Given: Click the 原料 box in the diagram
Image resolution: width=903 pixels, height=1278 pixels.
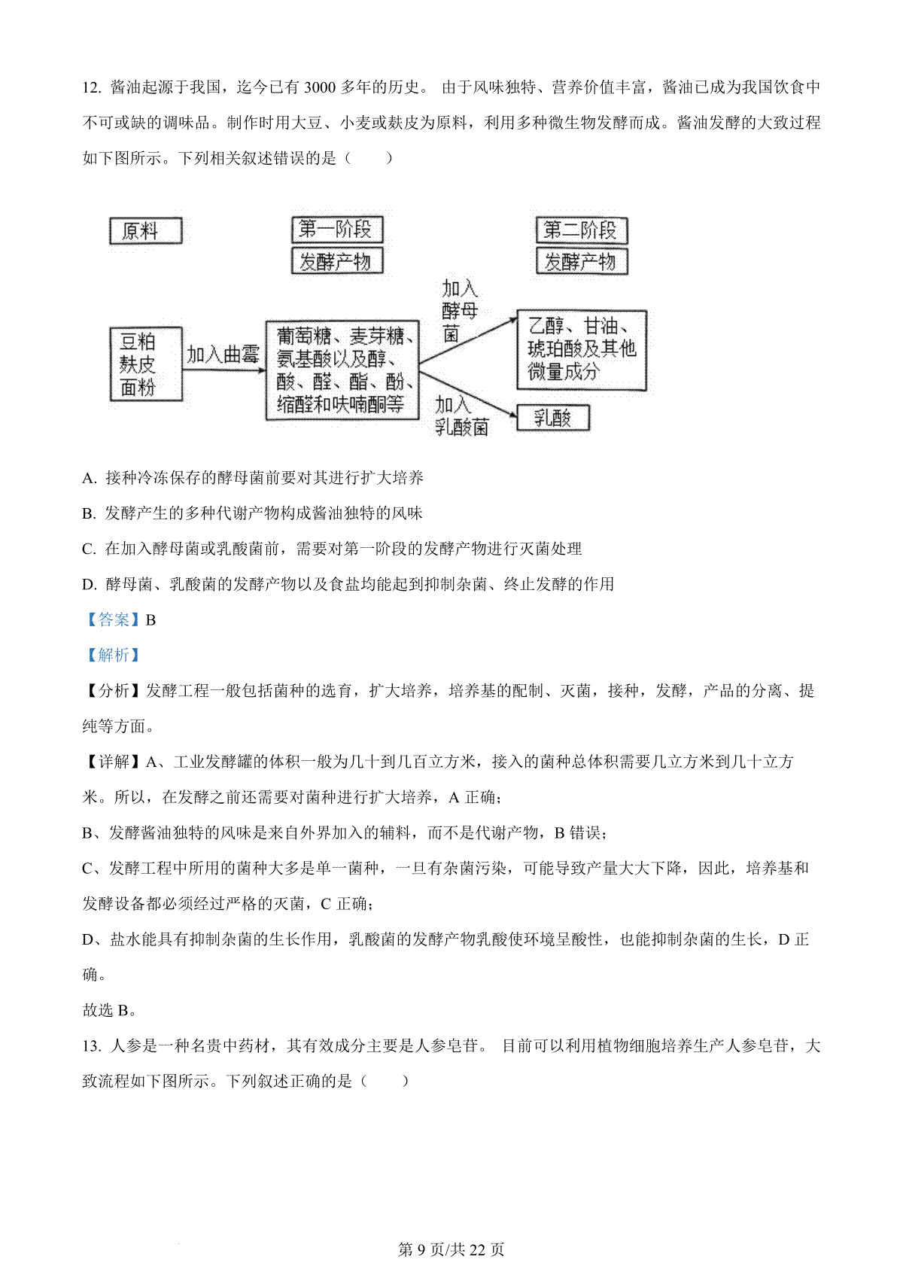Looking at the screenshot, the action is click(146, 231).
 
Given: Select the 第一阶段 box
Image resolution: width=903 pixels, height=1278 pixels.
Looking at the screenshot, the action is click(337, 230).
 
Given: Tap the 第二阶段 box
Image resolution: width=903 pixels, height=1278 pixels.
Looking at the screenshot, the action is click(582, 230).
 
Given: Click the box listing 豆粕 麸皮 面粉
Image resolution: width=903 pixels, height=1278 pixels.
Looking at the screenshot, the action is click(146, 364).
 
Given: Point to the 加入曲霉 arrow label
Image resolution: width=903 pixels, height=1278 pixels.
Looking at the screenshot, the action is click(223, 354).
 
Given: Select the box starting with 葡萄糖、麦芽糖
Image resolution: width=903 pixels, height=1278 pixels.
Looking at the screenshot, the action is click(343, 370).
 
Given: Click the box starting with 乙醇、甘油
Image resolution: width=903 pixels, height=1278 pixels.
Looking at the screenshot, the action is click(582, 350).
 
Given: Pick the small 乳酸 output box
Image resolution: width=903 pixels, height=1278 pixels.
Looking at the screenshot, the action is click(553, 418).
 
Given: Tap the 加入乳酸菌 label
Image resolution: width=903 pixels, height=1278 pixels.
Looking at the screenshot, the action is click(461, 416).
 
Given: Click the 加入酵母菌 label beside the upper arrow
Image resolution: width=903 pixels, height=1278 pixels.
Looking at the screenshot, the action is click(459, 311).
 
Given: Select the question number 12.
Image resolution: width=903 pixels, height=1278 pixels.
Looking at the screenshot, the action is click(92, 87).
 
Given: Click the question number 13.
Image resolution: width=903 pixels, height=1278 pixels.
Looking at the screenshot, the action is click(92, 1045).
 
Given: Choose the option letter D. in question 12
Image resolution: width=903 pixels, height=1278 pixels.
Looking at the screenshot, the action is click(90, 584).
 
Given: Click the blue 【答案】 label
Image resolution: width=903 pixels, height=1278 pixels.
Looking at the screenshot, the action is click(113, 619).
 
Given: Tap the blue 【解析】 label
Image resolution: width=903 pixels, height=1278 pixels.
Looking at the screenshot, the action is click(113, 655).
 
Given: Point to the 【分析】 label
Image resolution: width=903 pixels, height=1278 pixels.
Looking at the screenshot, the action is click(113, 690).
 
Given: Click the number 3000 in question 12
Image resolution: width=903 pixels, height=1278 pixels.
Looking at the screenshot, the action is click(320, 87).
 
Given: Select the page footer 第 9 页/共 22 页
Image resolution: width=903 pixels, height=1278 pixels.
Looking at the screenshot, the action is click(451, 1249).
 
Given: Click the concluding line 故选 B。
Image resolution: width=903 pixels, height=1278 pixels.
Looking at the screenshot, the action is click(110, 1010).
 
